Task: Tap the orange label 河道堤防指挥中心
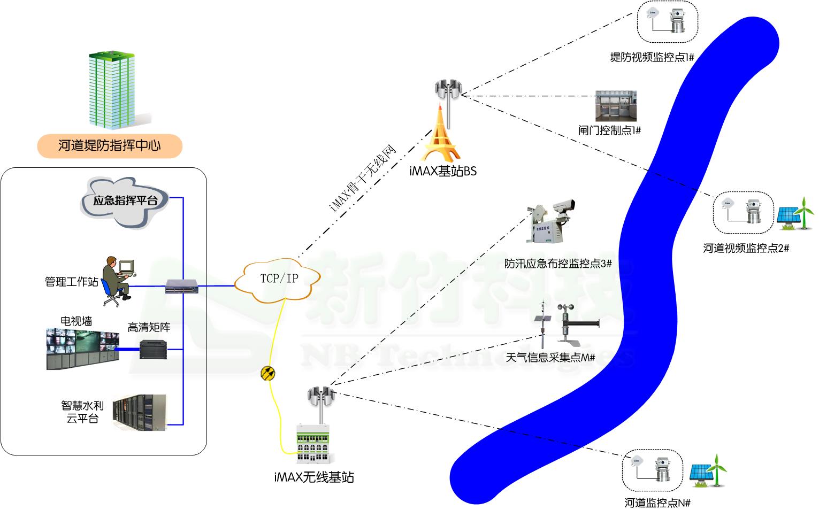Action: [110, 145]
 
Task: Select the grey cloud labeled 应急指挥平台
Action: [125, 203]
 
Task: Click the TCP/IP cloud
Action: [278, 279]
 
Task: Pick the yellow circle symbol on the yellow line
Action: [268, 373]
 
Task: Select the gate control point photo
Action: [616, 106]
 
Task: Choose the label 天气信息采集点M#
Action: [550, 358]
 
